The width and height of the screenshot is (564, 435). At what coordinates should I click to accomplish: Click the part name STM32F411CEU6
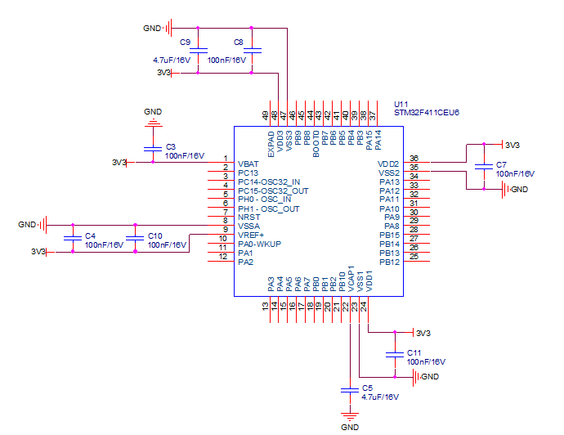click(426, 113)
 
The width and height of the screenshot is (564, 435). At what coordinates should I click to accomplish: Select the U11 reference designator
click(401, 105)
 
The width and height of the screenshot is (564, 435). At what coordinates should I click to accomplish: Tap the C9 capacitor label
click(185, 42)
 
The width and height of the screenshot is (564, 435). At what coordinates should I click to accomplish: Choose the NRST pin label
click(248, 217)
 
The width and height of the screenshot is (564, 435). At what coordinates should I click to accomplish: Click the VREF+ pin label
click(251, 235)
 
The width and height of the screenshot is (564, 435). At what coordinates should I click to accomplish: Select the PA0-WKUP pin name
click(259, 244)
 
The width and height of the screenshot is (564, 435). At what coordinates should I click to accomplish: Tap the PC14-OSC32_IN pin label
click(269, 182)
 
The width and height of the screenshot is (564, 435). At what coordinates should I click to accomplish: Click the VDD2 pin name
click(389, 164)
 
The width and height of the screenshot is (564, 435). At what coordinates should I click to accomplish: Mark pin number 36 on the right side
click(414, 159)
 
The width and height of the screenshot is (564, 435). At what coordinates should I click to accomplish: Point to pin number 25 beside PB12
click(414, 257)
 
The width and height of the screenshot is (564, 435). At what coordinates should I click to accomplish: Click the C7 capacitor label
click(500, 164)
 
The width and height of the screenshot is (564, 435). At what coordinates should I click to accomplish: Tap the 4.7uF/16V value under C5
click(380, 397)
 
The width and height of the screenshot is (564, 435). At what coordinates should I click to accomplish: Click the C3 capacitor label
click(170, 146)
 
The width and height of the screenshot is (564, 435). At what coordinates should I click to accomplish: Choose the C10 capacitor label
click(154, 235)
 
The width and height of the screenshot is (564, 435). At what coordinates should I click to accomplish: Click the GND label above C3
click(153, 111)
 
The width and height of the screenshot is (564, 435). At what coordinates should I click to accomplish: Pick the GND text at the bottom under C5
click(350, 428)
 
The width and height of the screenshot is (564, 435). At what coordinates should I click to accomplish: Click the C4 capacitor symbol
click(73, 238)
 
